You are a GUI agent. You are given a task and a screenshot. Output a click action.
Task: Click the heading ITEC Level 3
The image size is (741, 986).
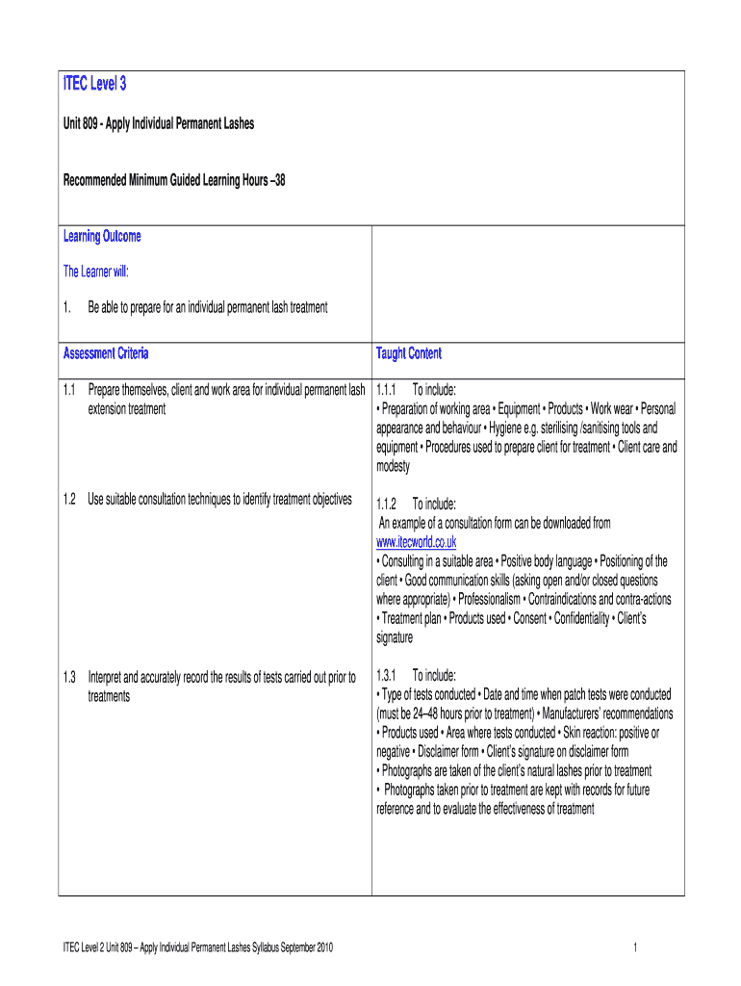pyautogui.click(x=94, y=86)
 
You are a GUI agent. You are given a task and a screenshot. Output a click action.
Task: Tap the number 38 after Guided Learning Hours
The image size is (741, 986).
pyautogui.click(x=279, y=180)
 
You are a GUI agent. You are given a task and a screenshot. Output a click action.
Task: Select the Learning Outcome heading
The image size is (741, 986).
pyautogui.click(x=102, y=237)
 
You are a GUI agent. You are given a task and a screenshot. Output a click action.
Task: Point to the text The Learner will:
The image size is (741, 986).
pyautogui.click(x=96, y=272)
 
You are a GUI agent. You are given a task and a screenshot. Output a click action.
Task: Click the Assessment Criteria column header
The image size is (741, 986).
pyautogui.click(x=106, y=353)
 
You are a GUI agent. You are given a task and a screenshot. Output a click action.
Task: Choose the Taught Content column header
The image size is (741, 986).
pyautogui.click(x=409, y=353)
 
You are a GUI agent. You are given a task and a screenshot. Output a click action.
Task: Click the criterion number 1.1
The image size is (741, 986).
pyautogui.click(x=69, y=390)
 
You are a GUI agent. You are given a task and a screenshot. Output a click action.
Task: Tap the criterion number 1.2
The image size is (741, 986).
pyautogui.click(x=69, y=499)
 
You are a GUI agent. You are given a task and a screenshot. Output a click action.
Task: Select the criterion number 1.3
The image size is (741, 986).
pyautogui.click(x=69, y=676)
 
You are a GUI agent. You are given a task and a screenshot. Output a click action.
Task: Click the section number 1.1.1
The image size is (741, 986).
pyautogui.click(x=388, y=390)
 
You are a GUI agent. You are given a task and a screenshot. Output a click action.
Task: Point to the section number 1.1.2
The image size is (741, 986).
pyautogui.click(x=388, y=504)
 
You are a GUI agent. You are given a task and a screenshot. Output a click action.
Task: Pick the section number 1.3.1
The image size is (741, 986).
pyautogui.click(x=388, y=675)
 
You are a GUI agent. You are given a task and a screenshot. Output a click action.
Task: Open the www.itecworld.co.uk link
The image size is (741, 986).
pyautogui.click(x=416, y=542)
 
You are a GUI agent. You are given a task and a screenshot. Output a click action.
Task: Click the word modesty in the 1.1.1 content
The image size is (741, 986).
pyautogui.click(x=393, y=466)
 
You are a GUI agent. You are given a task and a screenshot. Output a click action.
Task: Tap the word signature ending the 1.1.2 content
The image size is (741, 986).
pyautogui.click(x=395, y=637)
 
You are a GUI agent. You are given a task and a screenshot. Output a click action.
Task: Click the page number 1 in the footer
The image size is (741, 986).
pyautogui.click(x=636, y=949)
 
